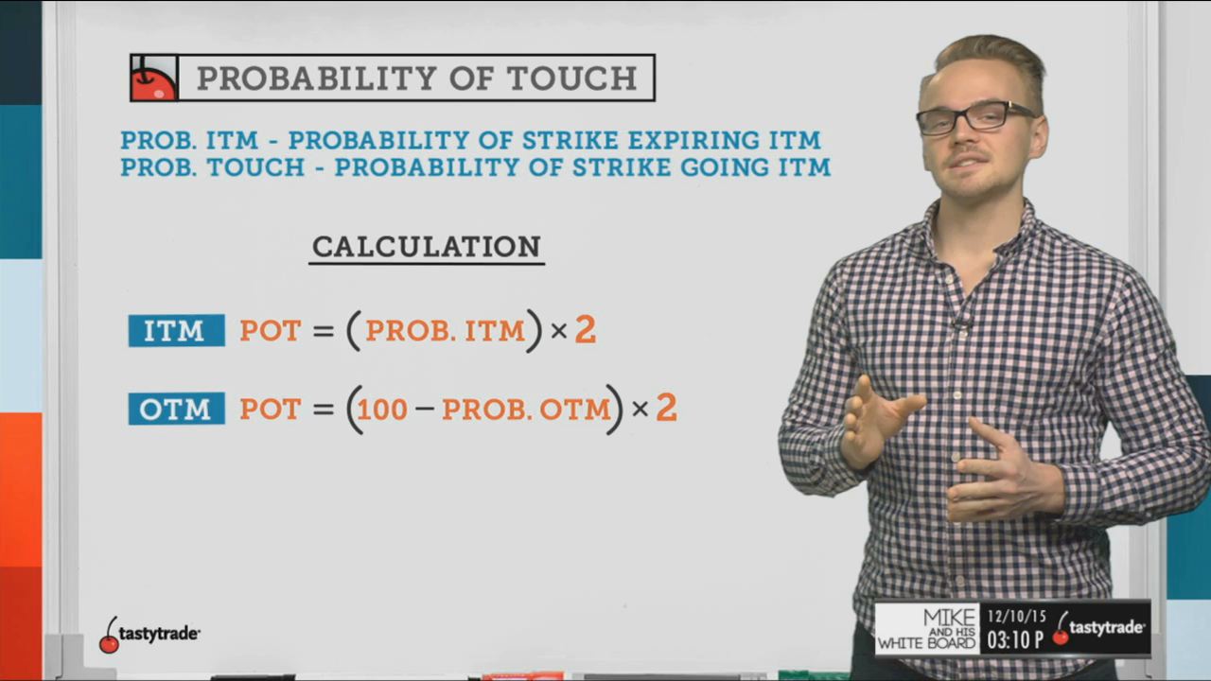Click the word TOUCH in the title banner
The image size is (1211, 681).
pyautogui.click(x=572, y=79)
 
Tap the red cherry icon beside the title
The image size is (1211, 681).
pyautogui.click(x=154, y=78)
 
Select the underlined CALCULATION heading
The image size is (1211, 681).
pyautogui.click(x=427, y=248)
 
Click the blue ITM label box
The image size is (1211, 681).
pyautogui.click(x=176, y=330)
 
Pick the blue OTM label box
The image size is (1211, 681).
pyautogui.click(x=176, y=409)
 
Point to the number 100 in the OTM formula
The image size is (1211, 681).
pyautogui.click(x=382, y=410)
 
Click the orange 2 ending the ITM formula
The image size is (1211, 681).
pyautogui.click(x=586, y=329)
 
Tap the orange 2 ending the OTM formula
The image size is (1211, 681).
pyautogui.click(x=666, y=408)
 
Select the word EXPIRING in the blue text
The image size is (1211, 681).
pyautogui.click(x=692, y=141)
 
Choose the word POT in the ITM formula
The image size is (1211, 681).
pyautogui.click(x=271, y=331)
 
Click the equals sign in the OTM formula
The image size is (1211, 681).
pyautogui.click(x=324, y=410)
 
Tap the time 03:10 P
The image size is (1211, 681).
pyautogui.click(x=1015, y=640)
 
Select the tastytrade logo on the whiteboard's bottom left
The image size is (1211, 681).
pyautogui.click(x=149, y=634)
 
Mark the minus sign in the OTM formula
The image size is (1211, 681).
pyautogui.click(x=425, y=408)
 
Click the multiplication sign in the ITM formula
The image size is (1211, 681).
pyautogui.click(x=558, y=331)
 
